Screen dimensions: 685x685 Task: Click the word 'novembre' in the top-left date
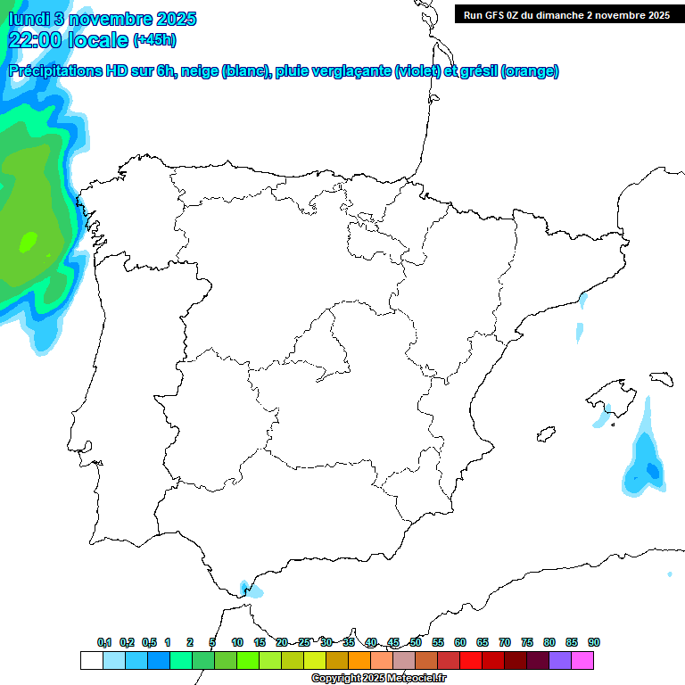click(107, 19)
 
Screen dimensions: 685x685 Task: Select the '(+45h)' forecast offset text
click(154, 40)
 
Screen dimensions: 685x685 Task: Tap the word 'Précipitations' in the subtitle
click(54, 71)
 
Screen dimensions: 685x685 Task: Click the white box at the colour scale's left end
click(91, 661)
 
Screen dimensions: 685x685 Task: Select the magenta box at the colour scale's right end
click(582, 661)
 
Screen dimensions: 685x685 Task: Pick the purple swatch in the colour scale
click(560, 661)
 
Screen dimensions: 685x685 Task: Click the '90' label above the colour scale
click(594, 642)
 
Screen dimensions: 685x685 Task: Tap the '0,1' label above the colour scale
click(104, 642)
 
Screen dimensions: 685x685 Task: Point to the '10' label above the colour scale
click(237, 642)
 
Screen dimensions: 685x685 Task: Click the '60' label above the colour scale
click(460, 642)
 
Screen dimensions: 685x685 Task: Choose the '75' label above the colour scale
click(527, 642)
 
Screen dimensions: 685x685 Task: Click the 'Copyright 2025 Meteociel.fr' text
click(379, 679)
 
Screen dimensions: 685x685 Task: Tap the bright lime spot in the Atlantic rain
click(29, 240)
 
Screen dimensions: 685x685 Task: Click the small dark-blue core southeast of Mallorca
click(652, 469)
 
